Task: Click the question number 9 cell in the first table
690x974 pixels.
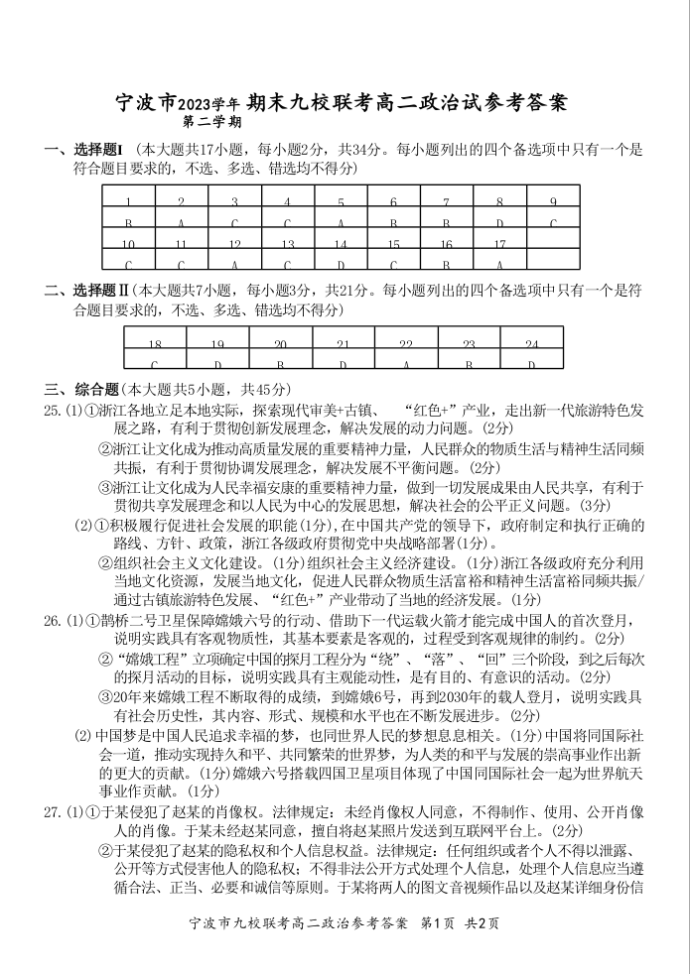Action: [554, 202]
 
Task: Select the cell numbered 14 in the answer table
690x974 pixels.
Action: [341, 244]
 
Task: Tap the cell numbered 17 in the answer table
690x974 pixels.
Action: [500, 244]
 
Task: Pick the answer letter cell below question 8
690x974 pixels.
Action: [500, 223]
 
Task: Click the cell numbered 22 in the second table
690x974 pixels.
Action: [406, 344]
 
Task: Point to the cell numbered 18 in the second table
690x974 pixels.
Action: [155, 344]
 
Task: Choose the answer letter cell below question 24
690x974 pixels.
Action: [532, 364]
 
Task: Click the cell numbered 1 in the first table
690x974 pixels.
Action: [128, 202]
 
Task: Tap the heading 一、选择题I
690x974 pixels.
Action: [83, 151]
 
